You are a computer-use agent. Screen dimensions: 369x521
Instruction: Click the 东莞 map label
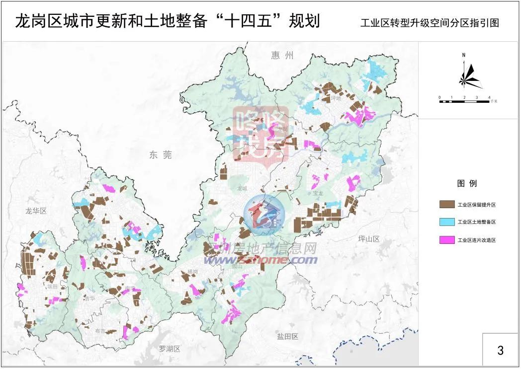[160, 155]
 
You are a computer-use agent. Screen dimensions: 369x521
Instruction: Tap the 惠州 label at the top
[283, 55]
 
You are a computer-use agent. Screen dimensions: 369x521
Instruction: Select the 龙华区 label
[36, 211]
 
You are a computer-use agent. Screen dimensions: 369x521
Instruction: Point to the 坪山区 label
[368, 239]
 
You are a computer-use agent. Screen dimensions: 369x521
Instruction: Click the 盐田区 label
[287, 336]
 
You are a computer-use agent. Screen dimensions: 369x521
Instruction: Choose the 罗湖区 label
[169, 349]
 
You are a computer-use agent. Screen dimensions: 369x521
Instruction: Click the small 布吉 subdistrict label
[100, 331]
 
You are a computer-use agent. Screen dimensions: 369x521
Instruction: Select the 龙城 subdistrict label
[242, 188]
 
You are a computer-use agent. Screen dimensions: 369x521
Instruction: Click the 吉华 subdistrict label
[89, 298]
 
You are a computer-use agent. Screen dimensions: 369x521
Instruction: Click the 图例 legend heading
[467, 183]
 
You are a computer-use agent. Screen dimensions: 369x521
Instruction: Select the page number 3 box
[500, 350]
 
